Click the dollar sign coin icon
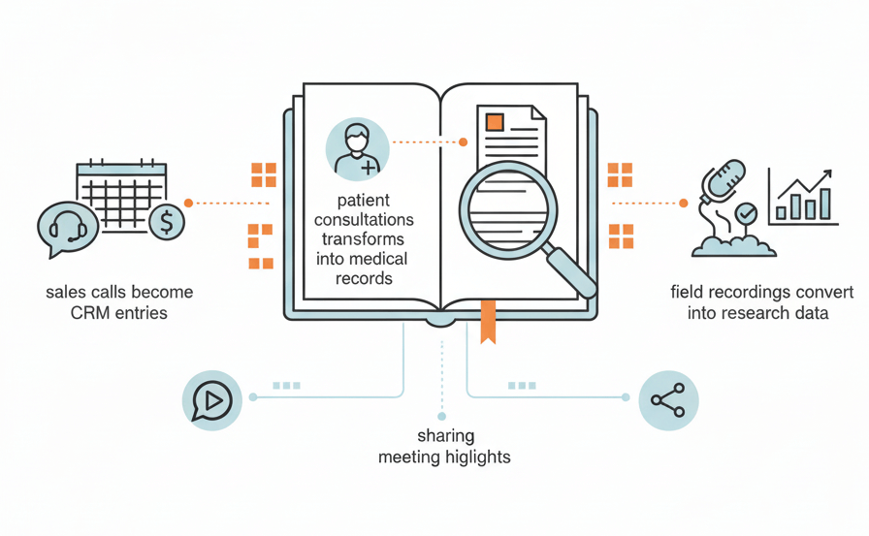(x=167, y=223)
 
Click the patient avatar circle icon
(x=358, y=149)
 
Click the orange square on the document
(x=495, y=122)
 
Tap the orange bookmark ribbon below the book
(x=488, y=322)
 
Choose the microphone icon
(x=724, y=182)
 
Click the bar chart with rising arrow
(x=801, y=197)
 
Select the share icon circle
(x=668, y=399)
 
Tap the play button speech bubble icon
(x=213, y=399)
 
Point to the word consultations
(x=364, y=220)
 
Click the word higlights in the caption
(x=476, y=457)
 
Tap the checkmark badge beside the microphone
(x=746, y=212)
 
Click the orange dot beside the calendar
(x=188, y=203)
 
